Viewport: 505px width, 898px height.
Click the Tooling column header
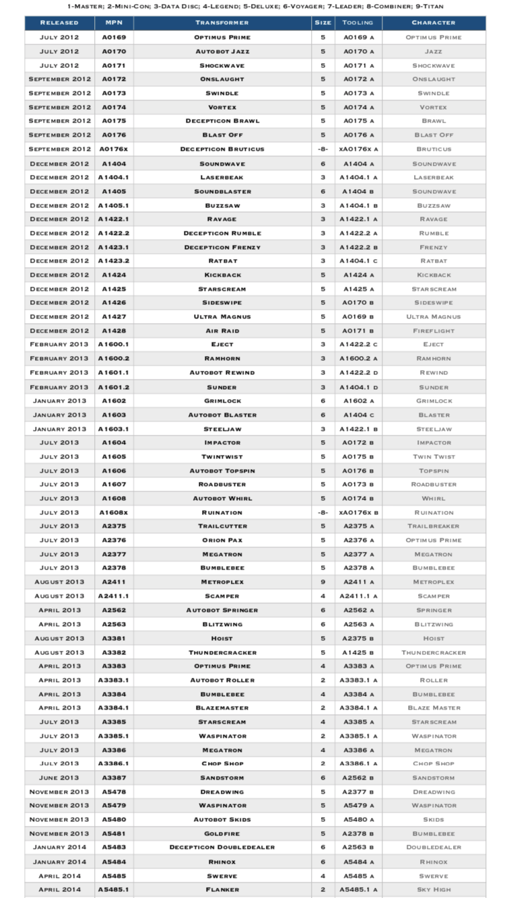(x=358, y=23)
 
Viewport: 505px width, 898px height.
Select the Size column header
(x=323, y=23)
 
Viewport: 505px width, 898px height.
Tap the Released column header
(x=59, y=23)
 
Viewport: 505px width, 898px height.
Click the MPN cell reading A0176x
(x=114, y=149)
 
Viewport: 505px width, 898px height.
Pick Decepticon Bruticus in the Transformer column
(x=222, y=149)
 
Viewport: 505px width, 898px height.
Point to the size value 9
(x=323, y=582)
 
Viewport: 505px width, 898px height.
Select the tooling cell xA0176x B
(x=358, y=512)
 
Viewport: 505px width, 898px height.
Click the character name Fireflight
(x=434, y=331)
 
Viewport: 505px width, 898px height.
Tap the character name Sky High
(x=434, y=889)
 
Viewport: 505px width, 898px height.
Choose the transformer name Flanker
(x=222, y=889)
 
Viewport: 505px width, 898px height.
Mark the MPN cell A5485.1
(x=114, y=889)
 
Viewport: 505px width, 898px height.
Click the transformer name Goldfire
(x=222, y=833)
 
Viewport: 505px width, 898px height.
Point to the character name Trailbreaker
(x=434, y=526)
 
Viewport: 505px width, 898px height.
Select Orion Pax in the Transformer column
(x=222, y=541)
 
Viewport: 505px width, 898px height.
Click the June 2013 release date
(x=59, y=778)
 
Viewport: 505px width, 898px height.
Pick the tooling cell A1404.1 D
(x=358, y=387)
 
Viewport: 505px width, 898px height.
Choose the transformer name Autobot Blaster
(x=222, y=415)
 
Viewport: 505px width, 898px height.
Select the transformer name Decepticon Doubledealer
(x=222, y=848)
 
